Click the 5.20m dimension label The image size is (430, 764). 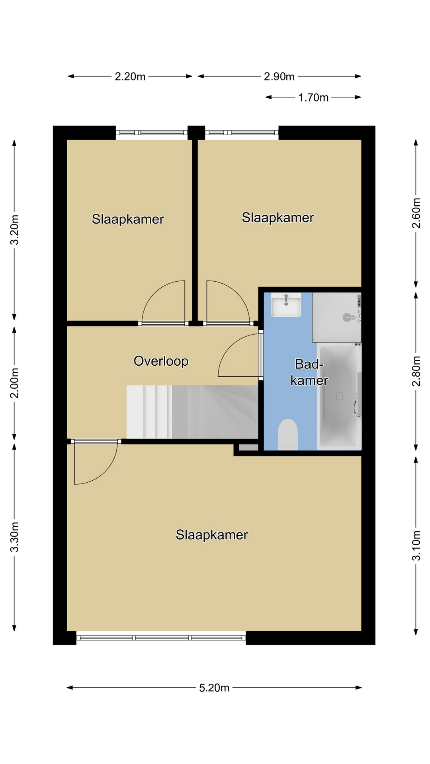point(214,688)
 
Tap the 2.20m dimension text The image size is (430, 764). point(130,76)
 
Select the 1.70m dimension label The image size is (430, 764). point(313,97)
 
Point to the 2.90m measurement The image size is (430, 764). point(279,76)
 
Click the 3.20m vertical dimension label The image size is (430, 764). point(15,230)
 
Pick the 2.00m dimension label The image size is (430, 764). point(15,383)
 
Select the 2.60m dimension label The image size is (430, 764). point(416,213)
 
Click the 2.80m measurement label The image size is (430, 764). point(416,371)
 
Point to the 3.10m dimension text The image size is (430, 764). point(416,546)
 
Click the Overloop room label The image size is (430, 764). point(161,361)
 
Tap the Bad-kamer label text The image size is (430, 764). point(309,372)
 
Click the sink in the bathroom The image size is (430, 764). point(286,305)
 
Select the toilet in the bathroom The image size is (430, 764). point(288,435)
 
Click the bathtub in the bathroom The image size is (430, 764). point(339,397)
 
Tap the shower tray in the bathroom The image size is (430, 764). point(337,317)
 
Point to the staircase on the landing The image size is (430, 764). point(192,412)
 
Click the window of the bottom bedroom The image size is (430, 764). point(161,637)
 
